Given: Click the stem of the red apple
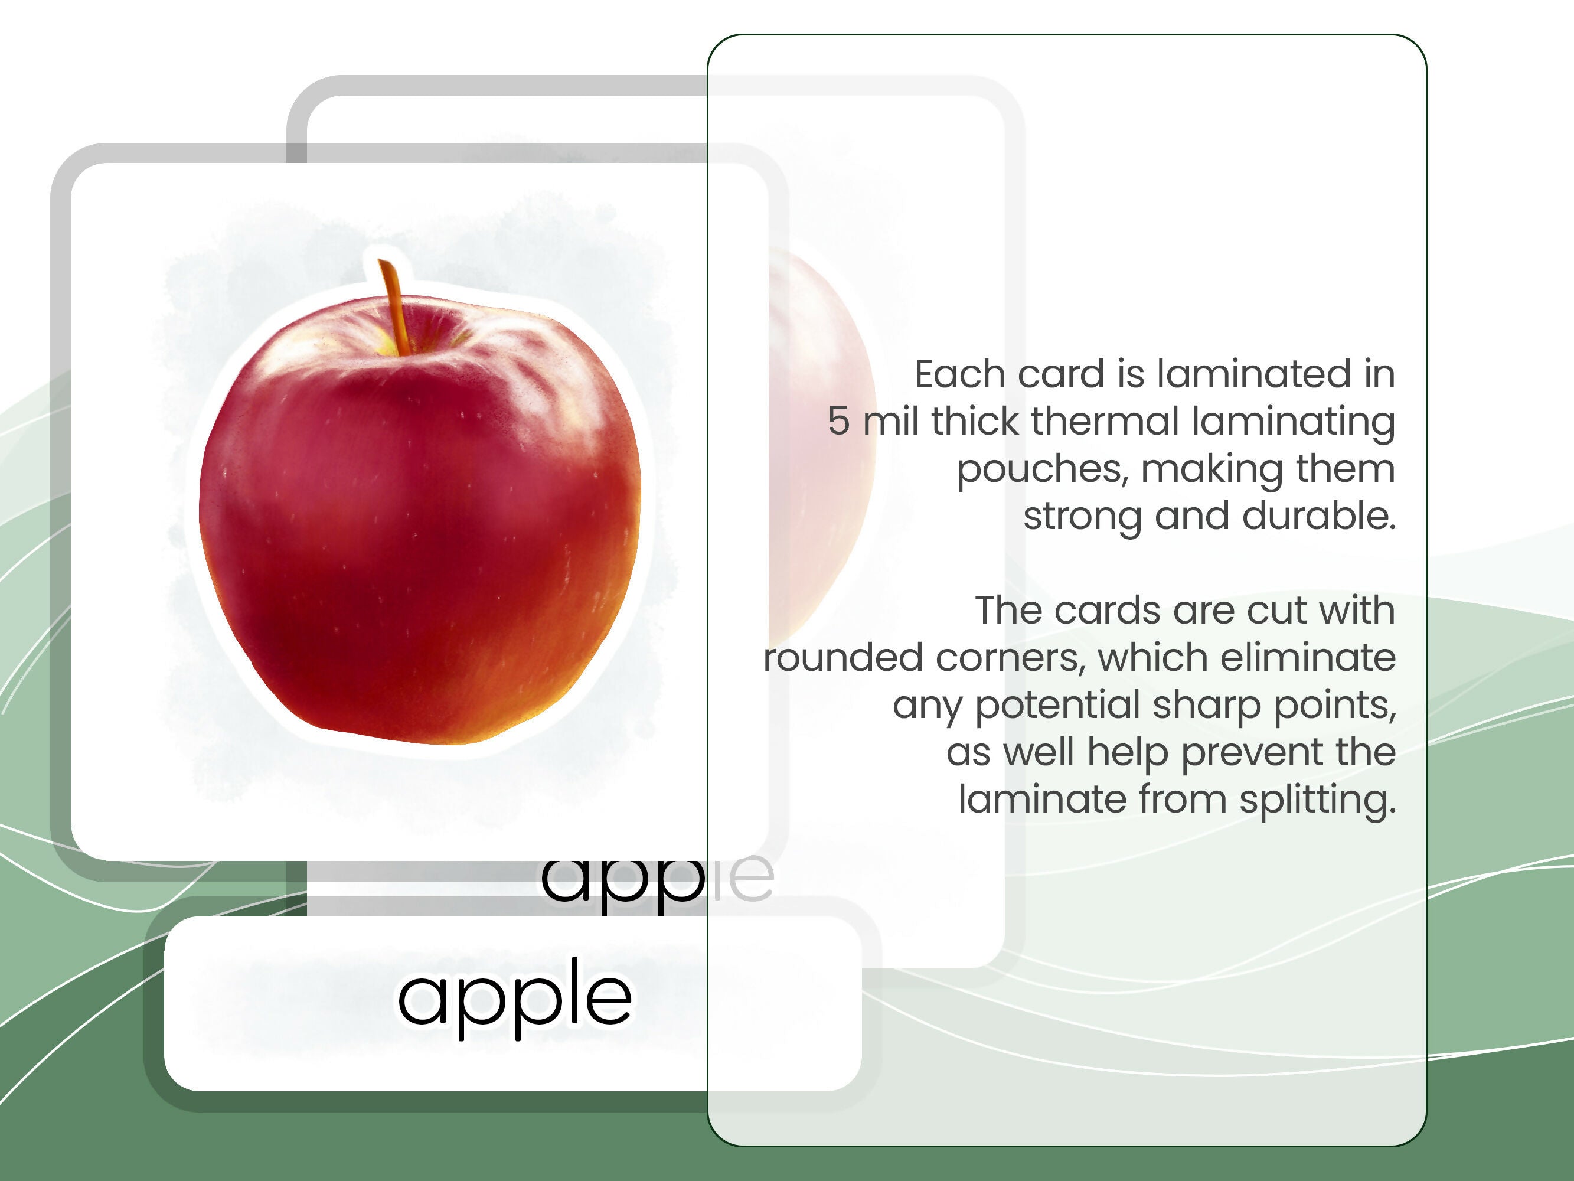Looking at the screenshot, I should pyautogui.click(x=393, y=306).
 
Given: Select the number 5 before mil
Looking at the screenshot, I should pyautogui.click(x=838, y=422).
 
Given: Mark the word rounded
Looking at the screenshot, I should pyautogui.click(x=842, y=658).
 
